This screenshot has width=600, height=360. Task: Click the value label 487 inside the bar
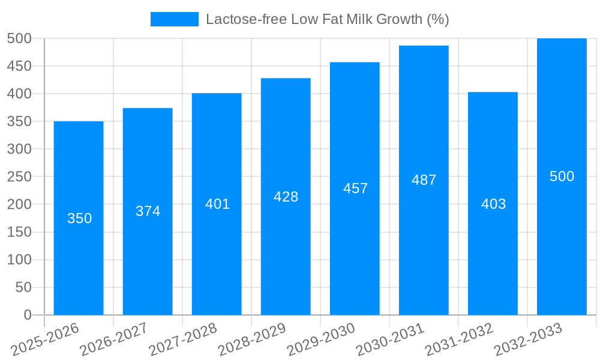[x=424, y=180]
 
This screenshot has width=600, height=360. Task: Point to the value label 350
[x=79, y=218]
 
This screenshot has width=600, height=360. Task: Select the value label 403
[x=493, y=204]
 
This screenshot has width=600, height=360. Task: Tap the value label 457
[x=355, y=188]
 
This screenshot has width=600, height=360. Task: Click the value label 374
[x=148, y=211]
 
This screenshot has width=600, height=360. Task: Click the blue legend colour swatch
[x=174, y=19]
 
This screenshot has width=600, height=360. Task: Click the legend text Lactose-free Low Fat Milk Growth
[x=327, y=19]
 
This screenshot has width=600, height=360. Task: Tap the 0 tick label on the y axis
[x=27, y=315]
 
